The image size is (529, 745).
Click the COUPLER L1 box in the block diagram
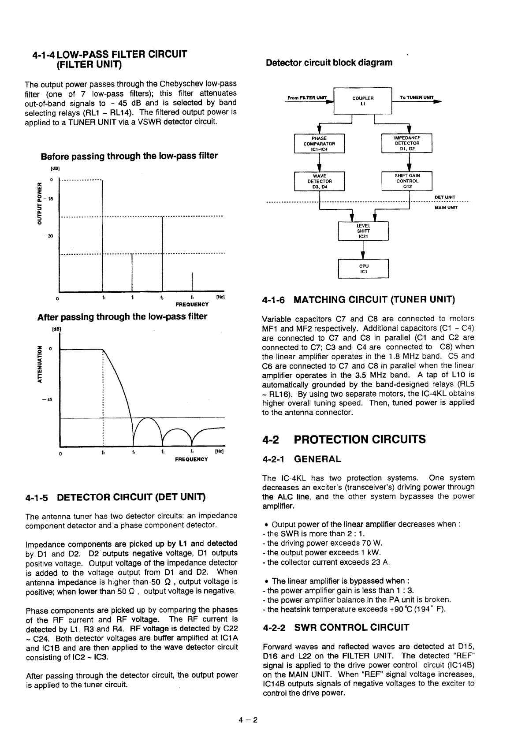click(363, 101)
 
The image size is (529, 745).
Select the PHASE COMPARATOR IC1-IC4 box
click(319, 143)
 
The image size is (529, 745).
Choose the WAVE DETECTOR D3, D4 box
click(319, 181)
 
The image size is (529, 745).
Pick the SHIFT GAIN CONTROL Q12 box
click(407, 181)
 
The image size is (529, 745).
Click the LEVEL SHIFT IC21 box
click(363, 231)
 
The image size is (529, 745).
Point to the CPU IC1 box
click(363, 269)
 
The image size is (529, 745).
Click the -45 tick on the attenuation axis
click(48, 400)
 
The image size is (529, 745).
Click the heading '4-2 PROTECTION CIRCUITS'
click(344, 440)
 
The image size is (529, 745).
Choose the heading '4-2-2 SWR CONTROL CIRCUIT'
click(335, 627)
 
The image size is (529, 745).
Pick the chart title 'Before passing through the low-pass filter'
click(129, 156)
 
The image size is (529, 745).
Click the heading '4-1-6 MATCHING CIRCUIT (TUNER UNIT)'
click(358, 300)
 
